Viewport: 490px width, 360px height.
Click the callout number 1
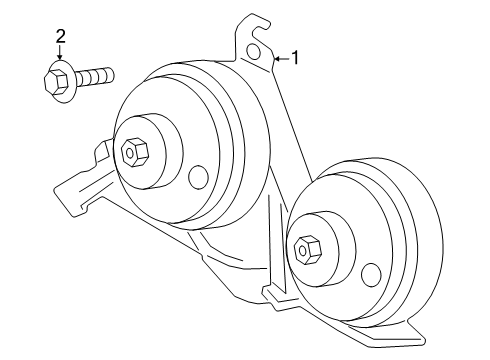pyautogui.click(x=296, y=58)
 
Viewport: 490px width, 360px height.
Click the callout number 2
pyautogui.click(x=61, y=37)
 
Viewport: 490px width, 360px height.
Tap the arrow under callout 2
pyautogui.click(x=61, y=56)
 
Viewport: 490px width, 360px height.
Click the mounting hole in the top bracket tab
pyautogui.click(x=255, y=50)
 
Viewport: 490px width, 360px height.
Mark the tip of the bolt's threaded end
pyautogui.click(x=111, y=74)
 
